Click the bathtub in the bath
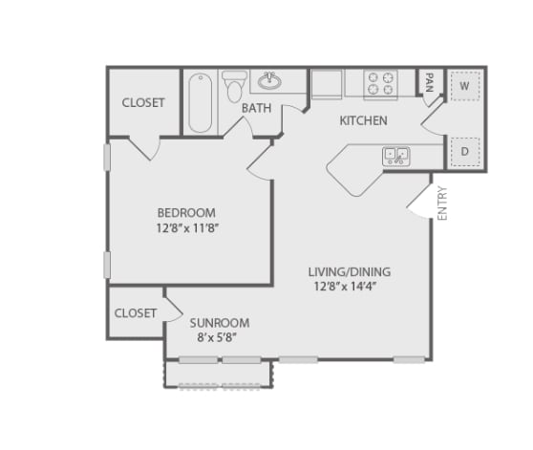pyautogui.click(x=200, y=103)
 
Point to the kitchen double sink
pyautogui.click(x=395, y=155)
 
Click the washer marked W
pyautogui.click(x=465, y=86)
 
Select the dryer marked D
pyautogui.click(x=465, y=151)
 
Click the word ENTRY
pyautogui.click(x=442, y=204)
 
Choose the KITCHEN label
pyautogui.click(x=364, y=121)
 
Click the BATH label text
pyautogui.click(x=256, y=108)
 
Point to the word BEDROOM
pyautogui.click(x=186, y=212)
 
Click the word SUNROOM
pyautogui.click(x=219, y=323)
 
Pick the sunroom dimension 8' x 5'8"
pyautogui.click(x=217, y=337)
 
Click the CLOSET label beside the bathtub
pyautogui.click(x=143, y=102)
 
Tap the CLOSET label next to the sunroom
pyautogui.click(x=136, y=313)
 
